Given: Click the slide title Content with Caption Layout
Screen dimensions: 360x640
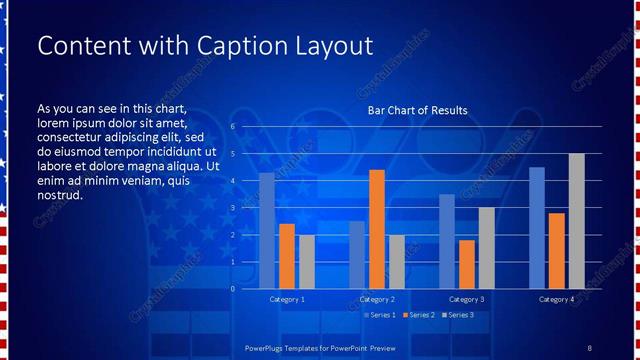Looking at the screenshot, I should click(x=204, y=46).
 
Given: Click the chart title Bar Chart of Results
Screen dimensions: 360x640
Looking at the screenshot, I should click(x=417, y=110).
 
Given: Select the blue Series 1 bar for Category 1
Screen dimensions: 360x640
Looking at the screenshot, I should click(x=266, y=231).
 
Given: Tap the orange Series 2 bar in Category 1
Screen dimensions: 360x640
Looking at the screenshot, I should click(x=287, y=256).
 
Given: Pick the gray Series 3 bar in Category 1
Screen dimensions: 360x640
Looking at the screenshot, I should click(x=307, y=262).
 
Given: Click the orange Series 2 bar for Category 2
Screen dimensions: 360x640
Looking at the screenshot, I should click(x=377, y=229).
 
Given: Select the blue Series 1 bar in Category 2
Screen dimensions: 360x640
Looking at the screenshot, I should click(x=357, y=255).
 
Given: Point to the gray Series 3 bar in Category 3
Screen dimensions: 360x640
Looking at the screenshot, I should click(x=487, y=248).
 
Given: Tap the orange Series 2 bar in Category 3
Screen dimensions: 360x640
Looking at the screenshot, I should click(x=467, y=264).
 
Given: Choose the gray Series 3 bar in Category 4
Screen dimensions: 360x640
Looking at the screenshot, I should click(x=577, y=221).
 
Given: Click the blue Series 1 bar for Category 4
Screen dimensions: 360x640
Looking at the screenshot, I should click(x=537, y=228).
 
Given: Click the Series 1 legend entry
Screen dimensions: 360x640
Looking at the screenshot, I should click(x=380, y=315).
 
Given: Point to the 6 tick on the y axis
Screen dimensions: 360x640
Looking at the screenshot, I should click(x=232, y=127).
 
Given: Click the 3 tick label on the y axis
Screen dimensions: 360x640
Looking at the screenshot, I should click(x=232, y=208).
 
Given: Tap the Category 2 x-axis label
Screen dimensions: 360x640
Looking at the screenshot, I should click(x=377, y=299).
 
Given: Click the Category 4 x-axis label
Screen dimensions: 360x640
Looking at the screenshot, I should click(x=557, y=299).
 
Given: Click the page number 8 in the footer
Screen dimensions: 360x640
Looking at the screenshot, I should click(x=589, y=348).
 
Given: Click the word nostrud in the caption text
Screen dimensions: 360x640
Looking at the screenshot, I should click(x=59, y=195).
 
